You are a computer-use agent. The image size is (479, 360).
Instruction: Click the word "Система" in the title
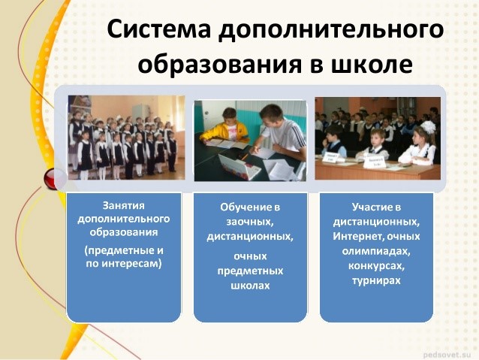159,29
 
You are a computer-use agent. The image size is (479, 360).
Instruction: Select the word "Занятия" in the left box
123,206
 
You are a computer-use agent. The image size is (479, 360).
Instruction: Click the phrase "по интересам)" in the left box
123,263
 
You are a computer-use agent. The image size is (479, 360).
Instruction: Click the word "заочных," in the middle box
250,222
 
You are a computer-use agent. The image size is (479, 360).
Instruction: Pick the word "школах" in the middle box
250,286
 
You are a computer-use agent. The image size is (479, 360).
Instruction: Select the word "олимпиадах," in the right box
376,252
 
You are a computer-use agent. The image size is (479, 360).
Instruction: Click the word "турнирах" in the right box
376,281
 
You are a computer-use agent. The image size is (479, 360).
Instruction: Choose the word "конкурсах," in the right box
376,266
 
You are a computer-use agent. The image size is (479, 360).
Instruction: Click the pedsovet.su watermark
447,355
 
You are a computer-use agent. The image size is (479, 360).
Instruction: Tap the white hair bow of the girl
427,126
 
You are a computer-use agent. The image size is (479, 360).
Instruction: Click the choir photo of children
126,138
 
